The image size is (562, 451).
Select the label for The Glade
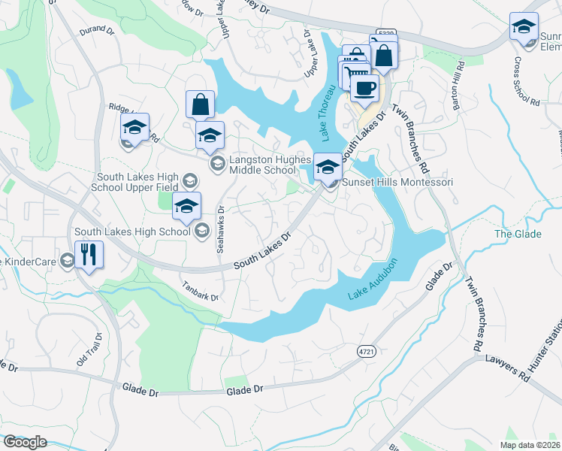click(x=518, y=235)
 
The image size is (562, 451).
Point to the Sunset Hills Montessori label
click(x=397, y=182)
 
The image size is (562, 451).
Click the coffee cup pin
click(x=364, y=86)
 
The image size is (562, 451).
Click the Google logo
click(x=26, y=442)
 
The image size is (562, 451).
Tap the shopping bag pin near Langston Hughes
click(x=201, y=104)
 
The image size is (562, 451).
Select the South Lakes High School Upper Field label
click(x=135, y=181)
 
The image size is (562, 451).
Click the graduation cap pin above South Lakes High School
click(x=187, y=205)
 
